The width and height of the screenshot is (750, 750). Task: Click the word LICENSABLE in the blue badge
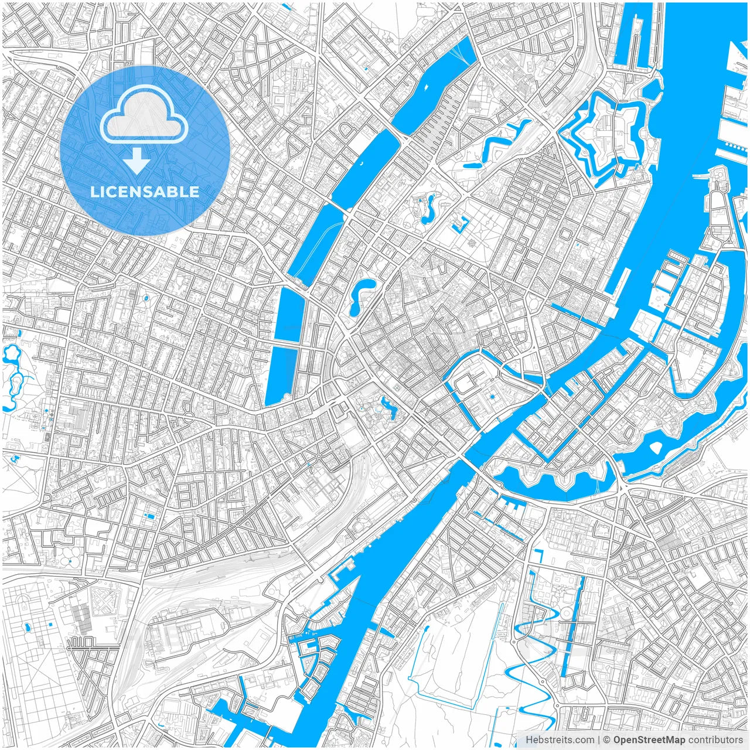tap(144, 192)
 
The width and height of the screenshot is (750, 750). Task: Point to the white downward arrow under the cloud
tap(137, 162)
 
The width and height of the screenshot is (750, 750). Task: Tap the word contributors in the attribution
tap(715, 740)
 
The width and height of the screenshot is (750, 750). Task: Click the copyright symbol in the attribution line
tap(607, 740)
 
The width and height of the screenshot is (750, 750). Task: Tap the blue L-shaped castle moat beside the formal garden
tap(461, 224)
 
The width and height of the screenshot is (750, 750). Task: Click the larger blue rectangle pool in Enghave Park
tap(151, 516)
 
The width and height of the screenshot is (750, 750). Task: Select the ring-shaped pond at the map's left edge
tap(12, 354)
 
